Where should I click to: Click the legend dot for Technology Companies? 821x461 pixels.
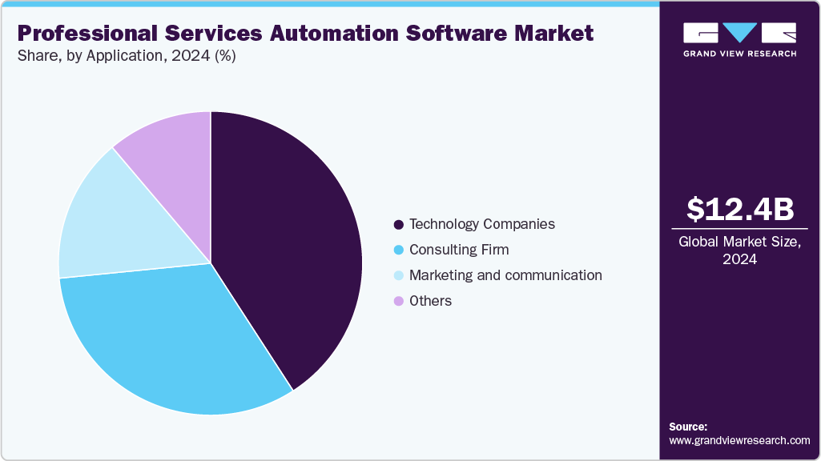tap(397, 224)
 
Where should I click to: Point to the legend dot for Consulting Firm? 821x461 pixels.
tap(397, 250)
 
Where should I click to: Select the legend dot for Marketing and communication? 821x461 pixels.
tap(397, 275)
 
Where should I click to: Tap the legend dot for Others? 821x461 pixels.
tap(397, 301)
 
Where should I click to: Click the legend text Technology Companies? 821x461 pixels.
tap(481, 224)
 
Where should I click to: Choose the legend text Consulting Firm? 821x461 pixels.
tap(458, 250)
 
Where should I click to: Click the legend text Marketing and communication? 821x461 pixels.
tap(505, 275)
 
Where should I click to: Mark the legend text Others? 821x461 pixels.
tap(430, 301)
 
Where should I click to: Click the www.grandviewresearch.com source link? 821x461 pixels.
tap(739, 440)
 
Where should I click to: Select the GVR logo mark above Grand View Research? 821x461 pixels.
tap(739, 33)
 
